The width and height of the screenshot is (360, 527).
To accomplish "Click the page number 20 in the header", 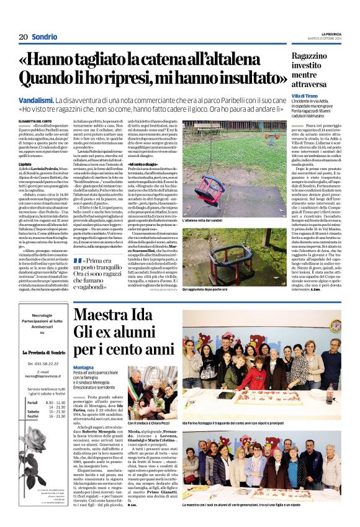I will pyautogui.click(x=23, y=37).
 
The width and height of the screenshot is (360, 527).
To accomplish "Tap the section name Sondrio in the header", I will pyautogui.click(x=45, y=37).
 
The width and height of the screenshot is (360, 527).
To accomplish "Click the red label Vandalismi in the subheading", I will pyautogui.click(x=35, y=99).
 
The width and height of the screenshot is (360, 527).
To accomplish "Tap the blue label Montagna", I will pyautogui.click(x=83, y=367).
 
